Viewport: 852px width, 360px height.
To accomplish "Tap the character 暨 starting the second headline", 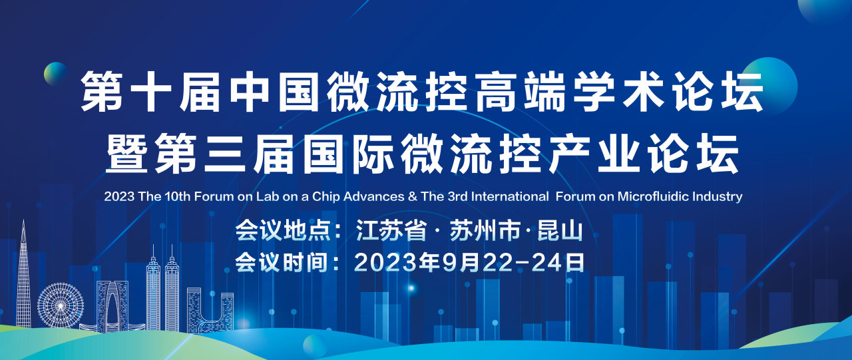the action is pos(126,154).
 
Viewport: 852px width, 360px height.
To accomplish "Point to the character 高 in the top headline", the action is pos(497,92).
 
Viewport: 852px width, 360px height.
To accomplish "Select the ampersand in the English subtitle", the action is pos(412,196).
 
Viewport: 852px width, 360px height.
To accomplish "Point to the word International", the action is pos(510,196).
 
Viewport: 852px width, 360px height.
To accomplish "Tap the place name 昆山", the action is pos(560,230).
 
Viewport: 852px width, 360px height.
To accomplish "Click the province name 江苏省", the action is pos(391,230).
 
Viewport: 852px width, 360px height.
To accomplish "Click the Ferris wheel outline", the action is pos(61,305).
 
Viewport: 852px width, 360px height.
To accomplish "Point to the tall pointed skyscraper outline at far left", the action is pos(23,273).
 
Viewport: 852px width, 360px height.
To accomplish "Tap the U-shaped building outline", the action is pos(210,309).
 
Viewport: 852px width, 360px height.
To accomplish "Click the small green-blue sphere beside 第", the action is pos(55,73).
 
